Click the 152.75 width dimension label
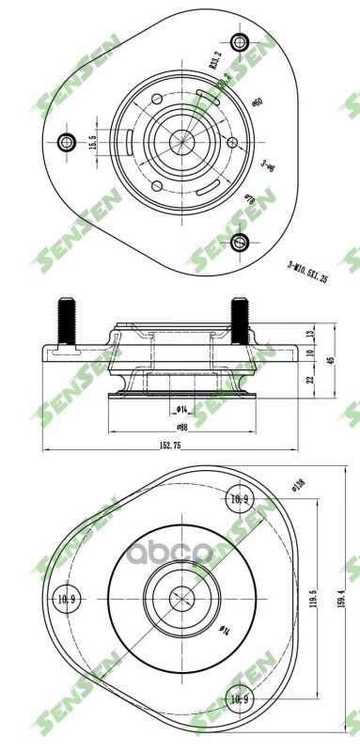[x=169, y=445]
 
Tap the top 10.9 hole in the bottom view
[x=240, y=498]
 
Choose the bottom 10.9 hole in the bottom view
[x=240, y=699]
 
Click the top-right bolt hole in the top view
[x=240, y=41]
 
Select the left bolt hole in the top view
[x=66, y=143]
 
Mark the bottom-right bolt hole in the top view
[x=240, y=243]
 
